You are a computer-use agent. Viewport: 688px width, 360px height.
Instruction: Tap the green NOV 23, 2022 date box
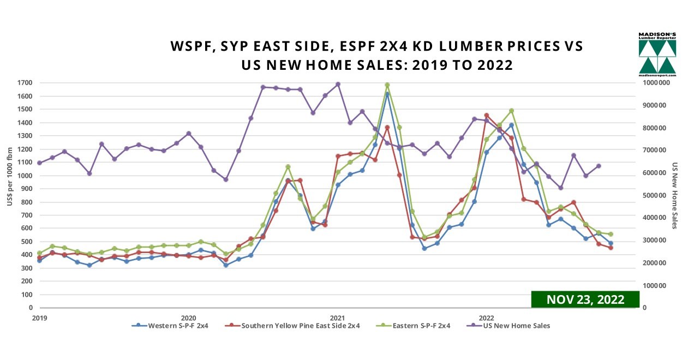[585, 299]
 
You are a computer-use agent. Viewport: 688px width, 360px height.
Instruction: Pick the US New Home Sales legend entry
[512, 326]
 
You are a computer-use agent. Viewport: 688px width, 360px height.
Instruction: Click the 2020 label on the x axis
[188, 317]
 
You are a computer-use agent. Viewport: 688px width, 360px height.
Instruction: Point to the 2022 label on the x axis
[486, 317]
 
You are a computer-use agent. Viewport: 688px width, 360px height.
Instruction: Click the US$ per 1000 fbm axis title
[10, 195]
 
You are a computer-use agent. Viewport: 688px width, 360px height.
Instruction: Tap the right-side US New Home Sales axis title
[674, 195]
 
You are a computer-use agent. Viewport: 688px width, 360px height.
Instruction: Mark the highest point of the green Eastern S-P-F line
[387, 85]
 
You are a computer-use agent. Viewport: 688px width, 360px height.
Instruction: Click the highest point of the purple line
[338, 84]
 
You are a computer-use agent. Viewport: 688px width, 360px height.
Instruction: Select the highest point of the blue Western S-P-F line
[387, 94]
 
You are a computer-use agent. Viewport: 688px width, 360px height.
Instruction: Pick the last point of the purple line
[599, 166]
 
